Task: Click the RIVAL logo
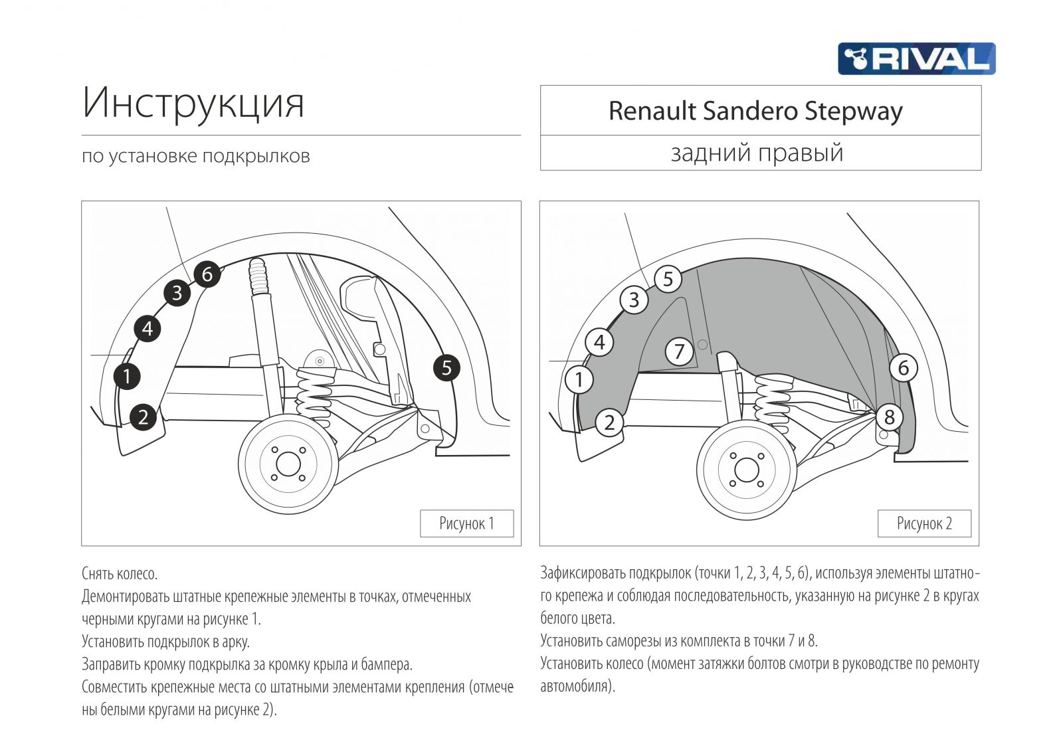(916, 58)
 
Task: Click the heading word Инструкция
(193, 104)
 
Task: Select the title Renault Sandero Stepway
(755, 111)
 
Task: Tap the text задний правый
(757, 153)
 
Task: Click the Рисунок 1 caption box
(466, 523)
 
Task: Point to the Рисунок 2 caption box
(924, 523)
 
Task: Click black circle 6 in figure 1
(207, 274)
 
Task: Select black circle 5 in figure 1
(446, 367)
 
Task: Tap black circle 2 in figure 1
(143, 417)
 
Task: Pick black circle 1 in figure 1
(127, 376)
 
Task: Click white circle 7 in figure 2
(679, 351)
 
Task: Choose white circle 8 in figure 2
(890, 417)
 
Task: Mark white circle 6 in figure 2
(903, 367)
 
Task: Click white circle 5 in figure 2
(668, 279)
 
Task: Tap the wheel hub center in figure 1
(288, 464)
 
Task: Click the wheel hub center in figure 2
(747, 470)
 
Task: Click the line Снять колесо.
(120, 573)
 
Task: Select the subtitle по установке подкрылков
(196, 156)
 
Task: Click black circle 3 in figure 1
(177, 292)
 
